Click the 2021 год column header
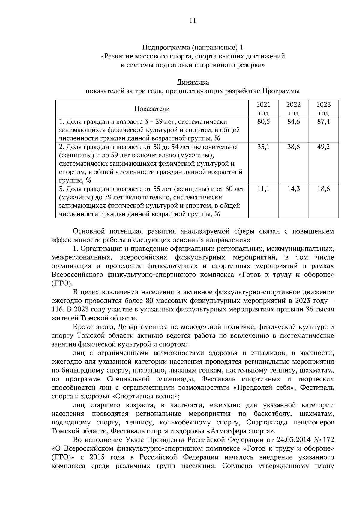pyautogui.click(x=263, y=109)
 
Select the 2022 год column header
pyautogui.click(x=293, y=109)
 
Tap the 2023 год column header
pyautogui.click(x=324, y=109)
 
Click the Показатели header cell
pyautogui.click(x=152, y=109)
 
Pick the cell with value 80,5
pyautogui.click(x=263, y=122)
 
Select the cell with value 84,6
pyautogui.click(x=293, y=122)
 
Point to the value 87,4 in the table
pyautogui.click(x=324, y=122)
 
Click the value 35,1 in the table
pyautogui.click(x=263, y=147)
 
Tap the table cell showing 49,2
pyautogui.click(x=324, y=147)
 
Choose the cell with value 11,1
pyautogui.click(x=263, y=189)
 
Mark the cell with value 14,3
pyautogui.click(x=293, y=189)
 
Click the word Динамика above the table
pyautogui.click(x=193, y=82)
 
